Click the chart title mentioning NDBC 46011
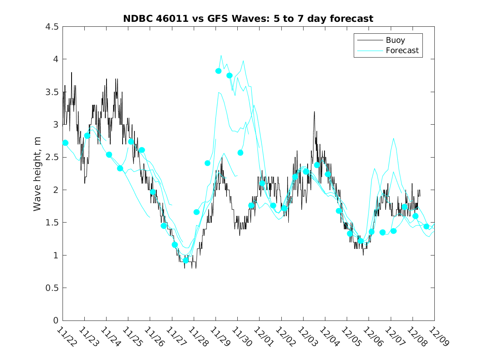[248, 19]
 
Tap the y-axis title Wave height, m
[37, 173]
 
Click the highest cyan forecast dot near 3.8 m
[218, 71]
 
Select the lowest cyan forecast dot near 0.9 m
[186, 260]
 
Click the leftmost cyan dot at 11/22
[65, 143]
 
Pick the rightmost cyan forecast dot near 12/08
[427, 227]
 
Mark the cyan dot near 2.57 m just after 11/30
[241, 153]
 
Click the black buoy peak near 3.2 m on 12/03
[314, 111]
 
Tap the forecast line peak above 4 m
[221, 55]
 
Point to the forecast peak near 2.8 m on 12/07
[394, 138]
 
